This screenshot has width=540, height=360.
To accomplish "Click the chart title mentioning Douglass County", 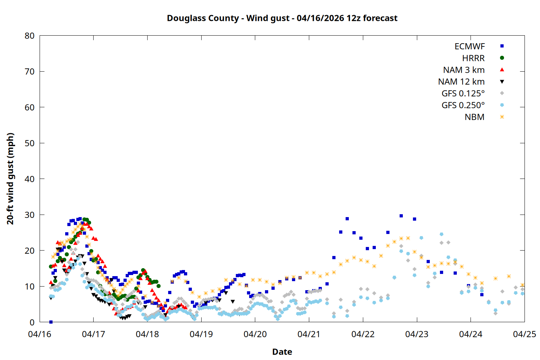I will [x=282, y=18].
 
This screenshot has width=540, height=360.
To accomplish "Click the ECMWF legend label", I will [x=469, y=46].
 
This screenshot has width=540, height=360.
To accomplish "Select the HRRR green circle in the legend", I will [x=502, y=58].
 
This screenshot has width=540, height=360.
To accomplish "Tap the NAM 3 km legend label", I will [x=464, y=70].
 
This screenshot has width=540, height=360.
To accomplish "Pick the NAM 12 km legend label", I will [x=461, y=82].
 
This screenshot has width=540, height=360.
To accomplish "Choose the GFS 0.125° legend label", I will [x=463, y=94].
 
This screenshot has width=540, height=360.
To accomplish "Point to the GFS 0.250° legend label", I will [x=463, y=105].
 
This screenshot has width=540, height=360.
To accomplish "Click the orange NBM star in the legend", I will [x=502, y=117].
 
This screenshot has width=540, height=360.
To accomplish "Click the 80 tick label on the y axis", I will [x=30, y=36].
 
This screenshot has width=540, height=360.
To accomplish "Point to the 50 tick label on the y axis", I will [x=30, y=143].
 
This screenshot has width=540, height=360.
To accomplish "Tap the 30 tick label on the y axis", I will [x=30, y=215].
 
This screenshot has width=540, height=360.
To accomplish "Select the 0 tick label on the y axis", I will [x=32, y=323].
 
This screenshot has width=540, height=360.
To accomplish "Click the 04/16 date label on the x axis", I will [x=40, y=334].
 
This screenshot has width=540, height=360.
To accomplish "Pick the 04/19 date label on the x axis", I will [x=201, y=334].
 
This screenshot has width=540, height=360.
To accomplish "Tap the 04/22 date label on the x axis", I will [x=363, y=334].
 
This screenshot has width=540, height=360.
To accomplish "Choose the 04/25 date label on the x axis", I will [x=525, y=334].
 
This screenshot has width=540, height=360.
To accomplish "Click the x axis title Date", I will [x=282, y=352].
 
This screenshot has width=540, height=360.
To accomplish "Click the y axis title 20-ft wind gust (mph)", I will [x=10, y=179].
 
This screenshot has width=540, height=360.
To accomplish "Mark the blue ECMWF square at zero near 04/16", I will [x=51, y=322].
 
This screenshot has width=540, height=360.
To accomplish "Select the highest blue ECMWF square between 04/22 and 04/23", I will [x=401, y=216].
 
